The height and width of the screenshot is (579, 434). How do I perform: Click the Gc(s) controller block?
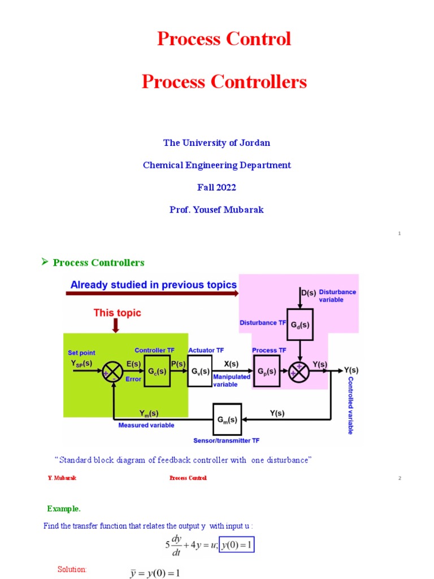click(158, 371)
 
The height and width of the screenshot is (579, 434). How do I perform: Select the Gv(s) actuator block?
click(200, 371)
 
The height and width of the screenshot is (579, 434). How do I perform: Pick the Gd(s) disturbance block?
click(300, 325)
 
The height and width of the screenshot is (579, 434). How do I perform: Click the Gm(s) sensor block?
click(227, 419)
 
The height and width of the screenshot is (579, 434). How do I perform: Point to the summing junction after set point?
click(113, 371)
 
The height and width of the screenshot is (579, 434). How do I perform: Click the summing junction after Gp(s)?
click(300, 371)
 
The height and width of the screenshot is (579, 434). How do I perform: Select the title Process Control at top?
click(224, 39)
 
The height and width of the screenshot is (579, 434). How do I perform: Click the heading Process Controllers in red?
click(224, 82)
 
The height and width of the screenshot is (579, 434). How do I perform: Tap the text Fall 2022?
click(216, 187)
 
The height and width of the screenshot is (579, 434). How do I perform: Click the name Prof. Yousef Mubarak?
click(216, 210)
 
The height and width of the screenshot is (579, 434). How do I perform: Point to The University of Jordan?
click(216, 143)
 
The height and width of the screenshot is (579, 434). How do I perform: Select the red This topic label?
click(117, 313)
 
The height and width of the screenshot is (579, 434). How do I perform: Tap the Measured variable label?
click(146, 425)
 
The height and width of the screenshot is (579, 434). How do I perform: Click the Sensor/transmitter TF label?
click(227, 440)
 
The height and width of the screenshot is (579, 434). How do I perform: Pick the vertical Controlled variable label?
click(350, 405)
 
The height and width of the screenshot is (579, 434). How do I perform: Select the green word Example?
click(64, 508)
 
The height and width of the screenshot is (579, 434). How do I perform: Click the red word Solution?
click(72, 569)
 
